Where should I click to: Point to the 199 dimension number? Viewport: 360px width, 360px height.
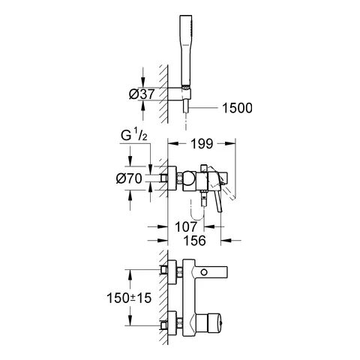click(200, 143)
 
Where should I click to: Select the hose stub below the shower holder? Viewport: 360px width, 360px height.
click(185, 109)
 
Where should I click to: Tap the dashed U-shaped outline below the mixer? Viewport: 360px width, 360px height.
click(197, 217)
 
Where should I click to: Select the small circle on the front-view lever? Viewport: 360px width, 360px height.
click(203, 272)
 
